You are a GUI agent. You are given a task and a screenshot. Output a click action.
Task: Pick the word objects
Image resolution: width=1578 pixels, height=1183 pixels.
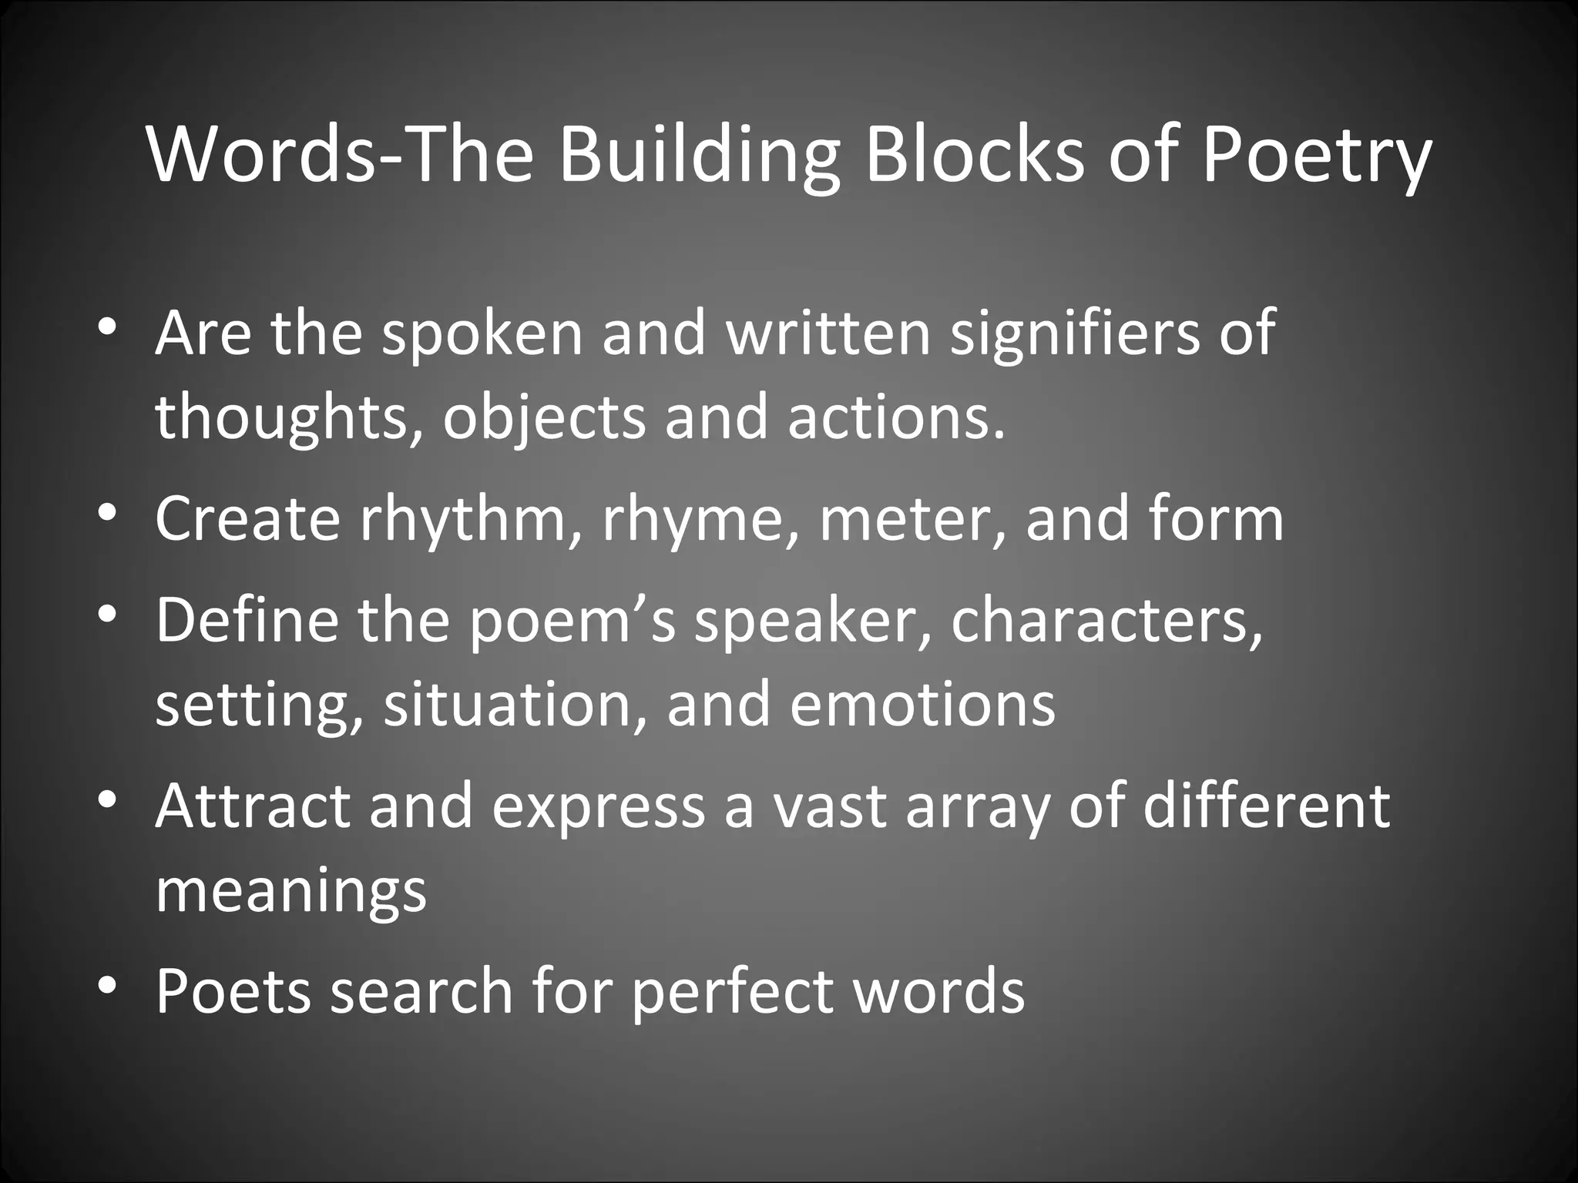click(544, 417)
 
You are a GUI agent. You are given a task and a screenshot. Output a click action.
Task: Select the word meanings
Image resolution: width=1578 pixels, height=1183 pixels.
click(291, 891)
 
